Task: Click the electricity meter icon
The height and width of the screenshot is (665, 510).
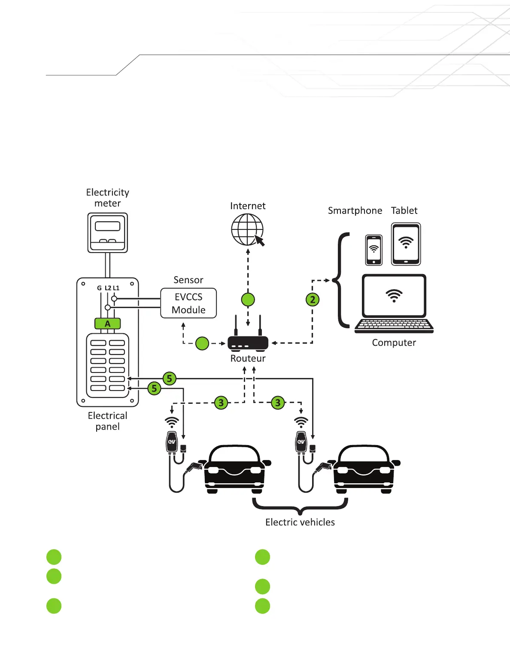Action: click(x=108, y=232)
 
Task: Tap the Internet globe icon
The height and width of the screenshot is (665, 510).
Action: click(x=247, y=229)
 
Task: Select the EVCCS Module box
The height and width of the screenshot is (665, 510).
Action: click(x=188, y=303)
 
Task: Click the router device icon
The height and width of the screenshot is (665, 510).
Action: click(x=248, y=343)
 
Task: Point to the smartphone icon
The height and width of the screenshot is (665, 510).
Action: click(x=373, y=250)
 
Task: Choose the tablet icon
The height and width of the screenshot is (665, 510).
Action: click(x=406, y=244)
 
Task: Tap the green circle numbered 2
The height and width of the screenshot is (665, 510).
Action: click(x=313, y=299)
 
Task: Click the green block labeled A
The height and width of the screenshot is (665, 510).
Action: click(x=107, y=323)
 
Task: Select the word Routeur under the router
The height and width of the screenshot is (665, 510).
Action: click(x=248, y=358)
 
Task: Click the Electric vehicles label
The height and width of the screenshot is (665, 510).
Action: click(x=300, y=522)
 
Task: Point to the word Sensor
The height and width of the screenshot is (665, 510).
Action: click(x=188, y=280)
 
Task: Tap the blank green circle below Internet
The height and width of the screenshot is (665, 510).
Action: click(x=248, y=299)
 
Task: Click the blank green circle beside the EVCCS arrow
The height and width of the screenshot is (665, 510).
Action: click(x=202, y=343)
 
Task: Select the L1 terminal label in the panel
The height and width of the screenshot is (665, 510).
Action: click(x=116, y=288)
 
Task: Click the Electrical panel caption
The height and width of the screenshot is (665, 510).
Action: click(x=107, y=421)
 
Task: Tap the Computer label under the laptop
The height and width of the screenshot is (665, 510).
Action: click(x=394, y=343)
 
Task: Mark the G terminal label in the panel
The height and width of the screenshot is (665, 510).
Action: click(x=99, y=288)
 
